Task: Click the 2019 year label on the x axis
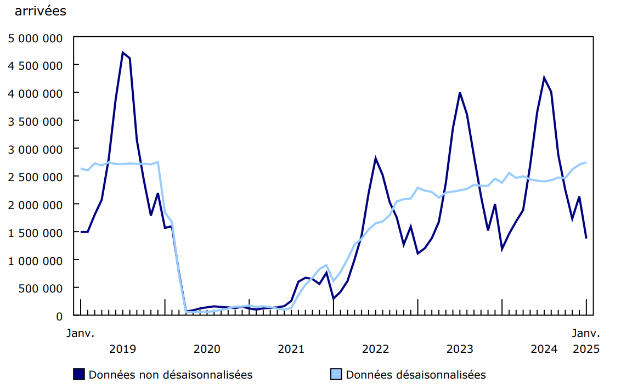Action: coord(123,349)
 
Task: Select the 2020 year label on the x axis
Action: coord(207,349)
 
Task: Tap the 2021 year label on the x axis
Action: coord(291,349)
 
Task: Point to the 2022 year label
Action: coord(376,349)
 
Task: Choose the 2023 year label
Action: coord(460,349)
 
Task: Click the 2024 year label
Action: coord(544,349)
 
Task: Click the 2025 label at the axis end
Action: coord(586,349)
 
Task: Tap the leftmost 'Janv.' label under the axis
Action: coord(81,333)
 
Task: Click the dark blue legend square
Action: coord(79,375)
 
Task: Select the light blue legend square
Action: coord(336,375)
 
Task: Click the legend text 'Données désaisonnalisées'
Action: coord(416,375)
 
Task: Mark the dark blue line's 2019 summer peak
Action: coord(123,53)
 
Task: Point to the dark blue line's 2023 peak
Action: coord(460,93)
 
